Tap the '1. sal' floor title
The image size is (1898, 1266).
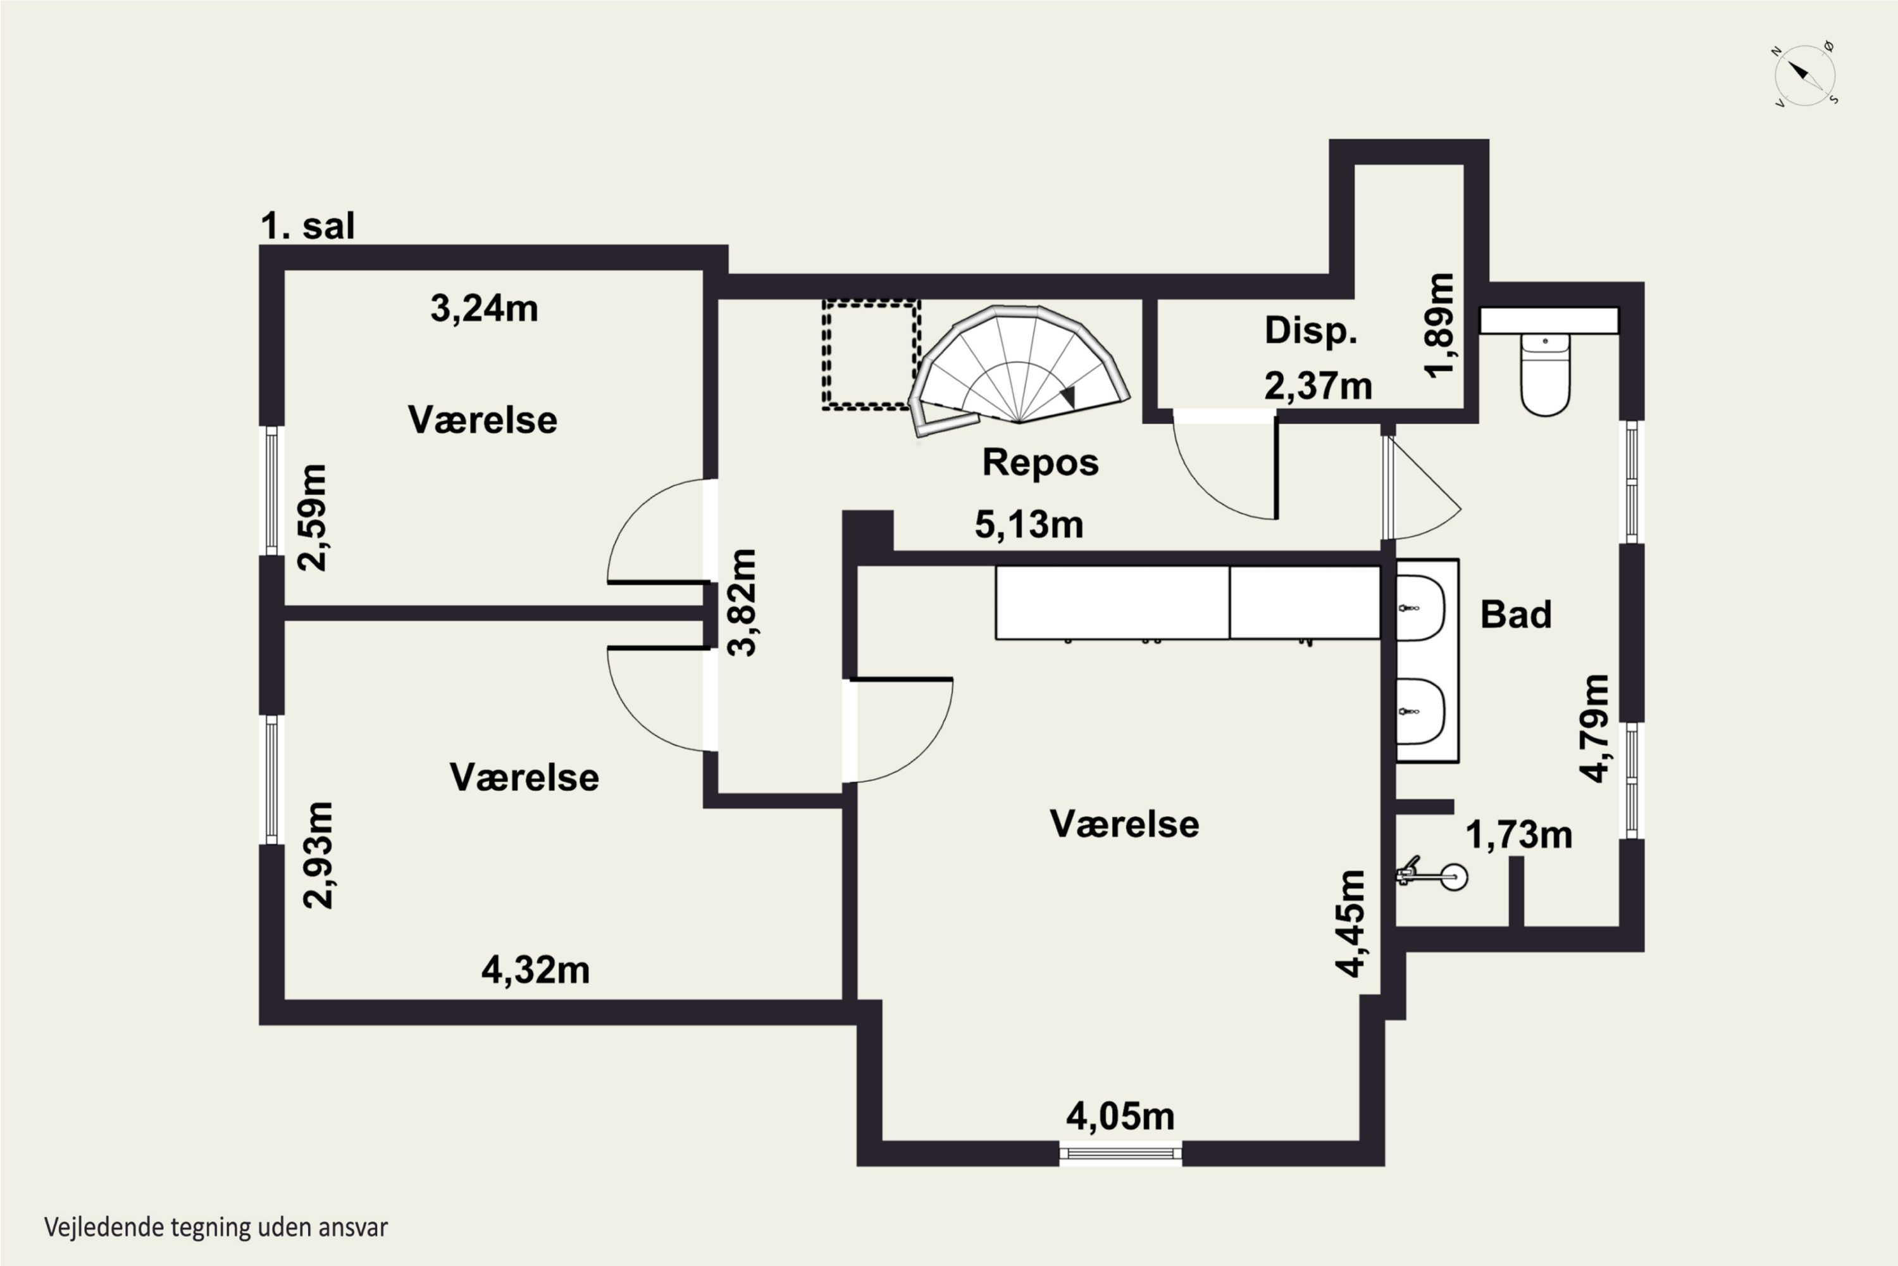[x=307, y=226]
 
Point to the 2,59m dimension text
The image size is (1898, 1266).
[x=313, y=518]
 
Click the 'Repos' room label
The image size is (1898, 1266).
[x=1040, y=463]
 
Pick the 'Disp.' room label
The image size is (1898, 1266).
[x=1310, y=331]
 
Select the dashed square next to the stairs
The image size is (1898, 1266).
[x=871, y=354]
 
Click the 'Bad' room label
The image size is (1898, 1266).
[x=1515, y=615]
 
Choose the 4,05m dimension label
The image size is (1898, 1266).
[x=1120, y=1117]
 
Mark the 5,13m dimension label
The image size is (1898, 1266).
[x=1029, y=525]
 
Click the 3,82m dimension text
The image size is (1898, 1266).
[x=741, y=603]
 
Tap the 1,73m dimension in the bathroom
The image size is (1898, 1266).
[x=1519, y=835]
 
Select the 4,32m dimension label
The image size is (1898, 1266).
[x=536, y=970]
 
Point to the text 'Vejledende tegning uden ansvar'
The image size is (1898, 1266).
[x=216, y=1227]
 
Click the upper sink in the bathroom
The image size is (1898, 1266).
[x=1420, y=607]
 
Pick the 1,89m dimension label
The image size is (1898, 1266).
[x=1441, y=325]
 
